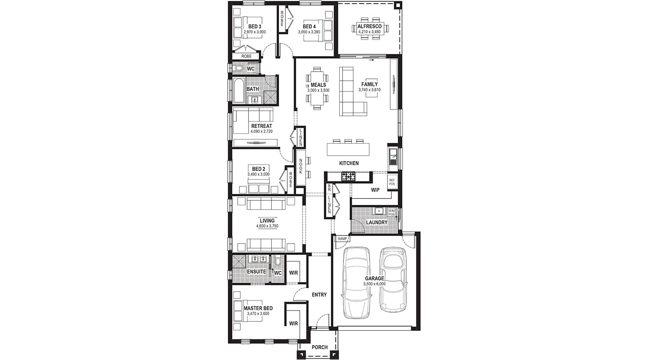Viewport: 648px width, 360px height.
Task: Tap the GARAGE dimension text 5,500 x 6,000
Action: tap(374, 284)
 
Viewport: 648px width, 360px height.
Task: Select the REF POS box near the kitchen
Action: tap(392, 182)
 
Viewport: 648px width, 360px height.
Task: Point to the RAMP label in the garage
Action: tap(342, 239)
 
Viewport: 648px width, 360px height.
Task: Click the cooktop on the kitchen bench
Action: tap(348, 176)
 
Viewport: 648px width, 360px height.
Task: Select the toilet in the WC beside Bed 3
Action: tap(238, 68)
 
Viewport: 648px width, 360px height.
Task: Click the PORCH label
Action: tap(319, 347)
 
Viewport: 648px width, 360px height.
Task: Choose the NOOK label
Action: tap(301, 166)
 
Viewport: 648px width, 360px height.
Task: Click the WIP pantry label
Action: tap(375, 190)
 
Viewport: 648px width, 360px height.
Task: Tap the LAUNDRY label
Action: tap(377, 222)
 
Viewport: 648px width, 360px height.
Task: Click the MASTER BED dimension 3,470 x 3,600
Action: tap(258, 313)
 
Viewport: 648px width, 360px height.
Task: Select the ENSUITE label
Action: tap(256, 272)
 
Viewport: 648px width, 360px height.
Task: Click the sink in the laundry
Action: tap(378, 211)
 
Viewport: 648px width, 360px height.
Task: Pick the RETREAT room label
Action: tap(261, 126)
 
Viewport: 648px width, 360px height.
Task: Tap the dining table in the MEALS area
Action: tap(317, 88)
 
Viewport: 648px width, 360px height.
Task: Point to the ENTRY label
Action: tap(319, 295)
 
